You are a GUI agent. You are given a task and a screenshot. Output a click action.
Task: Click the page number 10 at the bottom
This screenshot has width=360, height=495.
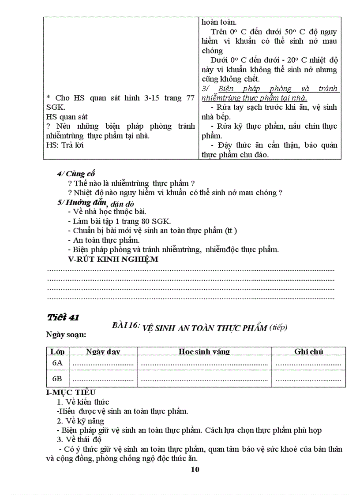coord(195,469)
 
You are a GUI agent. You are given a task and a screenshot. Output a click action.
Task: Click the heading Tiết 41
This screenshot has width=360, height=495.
coord(63,317)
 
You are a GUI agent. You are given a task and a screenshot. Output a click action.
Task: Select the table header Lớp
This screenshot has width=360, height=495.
coord(57,351)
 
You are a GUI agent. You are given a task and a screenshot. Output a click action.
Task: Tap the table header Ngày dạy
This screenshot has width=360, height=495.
coord(103,351)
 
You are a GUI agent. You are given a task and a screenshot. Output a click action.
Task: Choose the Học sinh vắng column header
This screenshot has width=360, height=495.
coord(204,351)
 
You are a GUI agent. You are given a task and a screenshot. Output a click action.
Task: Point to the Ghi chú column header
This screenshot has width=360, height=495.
coord(308,351)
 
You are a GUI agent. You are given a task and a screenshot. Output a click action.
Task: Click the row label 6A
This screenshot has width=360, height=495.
coord(57,363)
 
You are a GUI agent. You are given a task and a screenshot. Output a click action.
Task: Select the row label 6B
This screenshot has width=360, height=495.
coord(57,379)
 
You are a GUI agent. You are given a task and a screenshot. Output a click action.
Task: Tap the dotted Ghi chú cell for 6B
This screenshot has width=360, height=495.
coord(308,379)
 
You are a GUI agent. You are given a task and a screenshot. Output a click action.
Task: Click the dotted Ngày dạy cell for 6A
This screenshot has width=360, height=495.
coord(103,364)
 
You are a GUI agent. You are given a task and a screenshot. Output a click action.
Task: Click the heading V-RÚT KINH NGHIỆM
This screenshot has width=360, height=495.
coord(113,259)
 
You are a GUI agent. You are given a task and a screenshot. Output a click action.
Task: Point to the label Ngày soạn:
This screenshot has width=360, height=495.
coord(66,335)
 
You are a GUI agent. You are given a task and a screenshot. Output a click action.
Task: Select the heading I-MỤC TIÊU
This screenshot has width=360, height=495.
coord(71,392)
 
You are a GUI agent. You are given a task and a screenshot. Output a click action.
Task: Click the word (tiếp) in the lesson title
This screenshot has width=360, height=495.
coord(278,327)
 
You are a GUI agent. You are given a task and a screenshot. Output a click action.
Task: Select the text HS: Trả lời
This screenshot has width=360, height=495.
coord(65,145)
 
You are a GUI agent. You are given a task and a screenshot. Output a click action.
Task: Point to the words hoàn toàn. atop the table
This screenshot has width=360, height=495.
coord(219,22)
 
